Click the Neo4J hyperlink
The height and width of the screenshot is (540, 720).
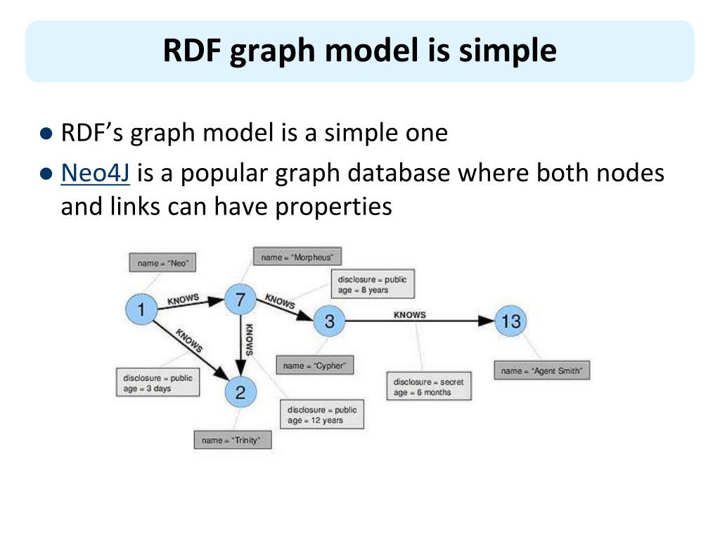(x=96, y=174)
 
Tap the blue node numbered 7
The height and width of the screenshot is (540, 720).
(x=240, y=300)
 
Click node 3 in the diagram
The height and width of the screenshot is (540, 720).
(x=329, y=322)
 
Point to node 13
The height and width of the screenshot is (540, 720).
(x=510, y=321)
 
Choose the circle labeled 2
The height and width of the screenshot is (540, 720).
(x=240, y=392)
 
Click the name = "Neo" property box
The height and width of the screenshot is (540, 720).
(x=163, y=263)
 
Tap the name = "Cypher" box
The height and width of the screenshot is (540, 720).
(x=314, y=366)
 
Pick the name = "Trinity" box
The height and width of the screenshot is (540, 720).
(x=232, y=440)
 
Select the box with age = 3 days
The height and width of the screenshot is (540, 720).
(x=157, y=383)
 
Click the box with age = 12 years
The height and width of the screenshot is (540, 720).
(x=322, y=415)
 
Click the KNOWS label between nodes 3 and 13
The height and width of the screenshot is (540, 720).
(x=409, y=314)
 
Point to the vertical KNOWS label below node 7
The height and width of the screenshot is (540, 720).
(x=249, y=339)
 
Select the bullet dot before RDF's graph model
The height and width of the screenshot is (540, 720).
(x=47, y=133)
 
